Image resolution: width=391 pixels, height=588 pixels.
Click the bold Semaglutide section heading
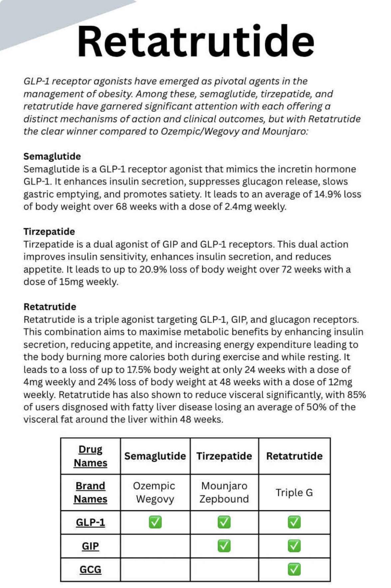tap(52, 156)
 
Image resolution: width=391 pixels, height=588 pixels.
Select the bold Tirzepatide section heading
tap(49, 231)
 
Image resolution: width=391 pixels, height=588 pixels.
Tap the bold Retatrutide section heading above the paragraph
tap(50, 307)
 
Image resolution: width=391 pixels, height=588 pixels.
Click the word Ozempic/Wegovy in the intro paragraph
tap(200, 131)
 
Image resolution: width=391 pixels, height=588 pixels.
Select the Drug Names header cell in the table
tap(91, 456)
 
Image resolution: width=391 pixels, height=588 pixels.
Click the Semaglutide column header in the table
tap(155, 456)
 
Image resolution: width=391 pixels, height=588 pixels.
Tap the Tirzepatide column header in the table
tap(224, 456)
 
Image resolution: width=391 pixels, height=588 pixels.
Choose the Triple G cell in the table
tap(294, 493)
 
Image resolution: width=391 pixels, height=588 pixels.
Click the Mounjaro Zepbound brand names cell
tap(224, 493)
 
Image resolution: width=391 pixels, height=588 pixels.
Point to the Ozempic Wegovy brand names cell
tap(155, 493)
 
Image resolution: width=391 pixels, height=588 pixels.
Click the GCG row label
tap(91, 570)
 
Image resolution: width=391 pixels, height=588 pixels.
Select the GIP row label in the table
tap(91, 546)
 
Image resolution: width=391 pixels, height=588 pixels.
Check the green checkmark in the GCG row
tap(294, 570)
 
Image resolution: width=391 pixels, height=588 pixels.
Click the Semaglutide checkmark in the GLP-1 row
tap(155, 522)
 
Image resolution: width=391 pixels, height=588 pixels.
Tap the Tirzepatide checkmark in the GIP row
tap(224, 546)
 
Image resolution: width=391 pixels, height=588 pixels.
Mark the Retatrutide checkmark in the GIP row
tap(294, 546)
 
